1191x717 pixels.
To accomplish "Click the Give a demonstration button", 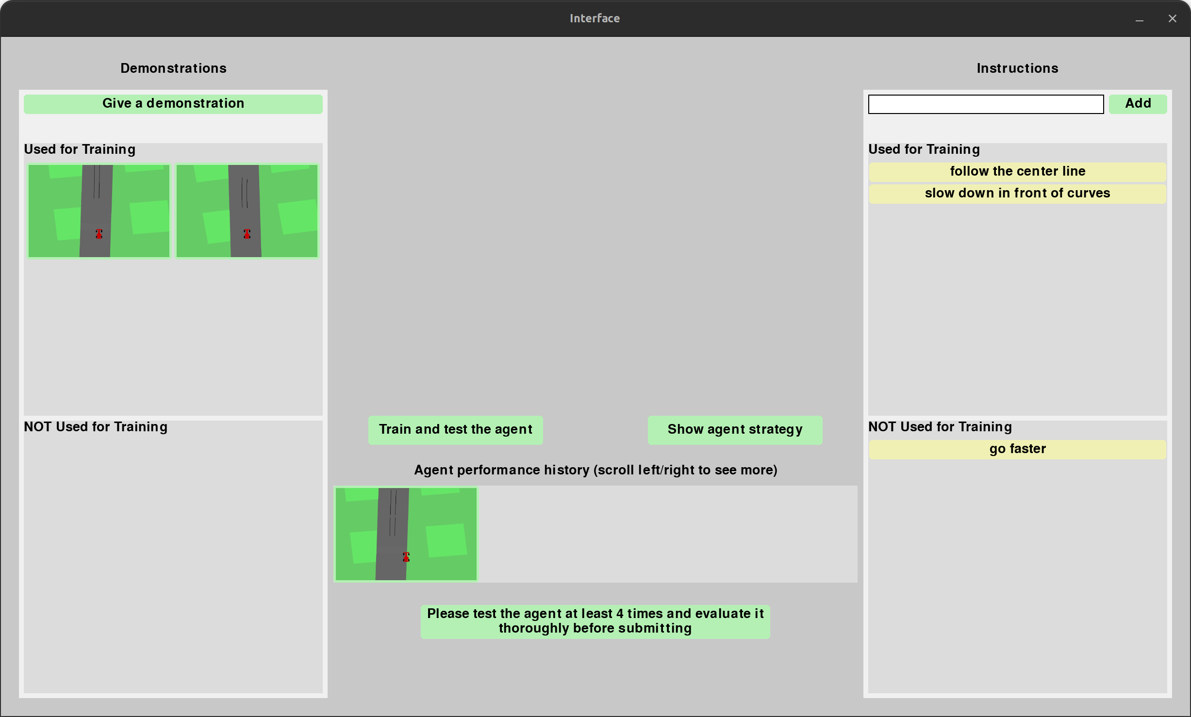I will point(173,104).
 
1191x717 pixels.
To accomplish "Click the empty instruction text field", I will point(985,104).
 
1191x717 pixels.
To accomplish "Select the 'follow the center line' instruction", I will point(1017,172).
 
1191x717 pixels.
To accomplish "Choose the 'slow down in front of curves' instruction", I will point(1017,194).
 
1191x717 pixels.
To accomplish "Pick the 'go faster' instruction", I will point(1017,449).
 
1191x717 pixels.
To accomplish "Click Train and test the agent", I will point(455,430).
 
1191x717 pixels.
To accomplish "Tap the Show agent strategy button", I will point(735,430).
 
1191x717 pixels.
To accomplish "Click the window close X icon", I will point(1172,19).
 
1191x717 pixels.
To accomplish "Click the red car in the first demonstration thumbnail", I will point(99,234).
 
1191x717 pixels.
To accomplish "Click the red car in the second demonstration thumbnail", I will point(247,234).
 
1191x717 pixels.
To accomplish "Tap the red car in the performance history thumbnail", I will point(406,557).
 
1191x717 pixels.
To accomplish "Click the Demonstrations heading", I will point(173,68).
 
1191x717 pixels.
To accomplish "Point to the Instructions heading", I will point(1017,68).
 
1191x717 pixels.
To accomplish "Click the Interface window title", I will point(595,18).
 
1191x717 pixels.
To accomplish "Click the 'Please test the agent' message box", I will point(595,621).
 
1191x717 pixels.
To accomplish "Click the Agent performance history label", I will point(595,470).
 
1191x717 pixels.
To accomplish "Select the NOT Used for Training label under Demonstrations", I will point(96,427).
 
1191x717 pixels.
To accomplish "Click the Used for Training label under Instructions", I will point(924,149).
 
